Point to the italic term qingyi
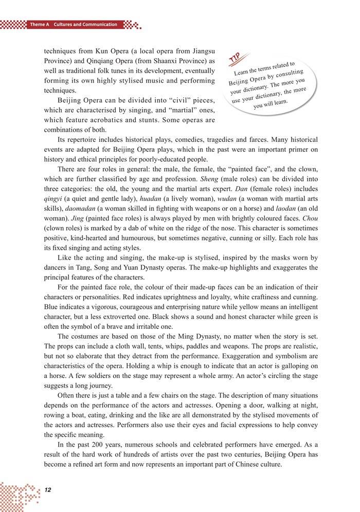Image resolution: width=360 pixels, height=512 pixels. coord(55,197)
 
